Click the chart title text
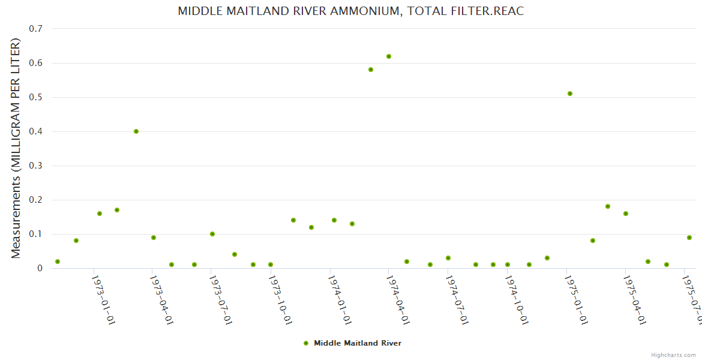(x=351, y=11)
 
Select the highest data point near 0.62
(x=389, y=56)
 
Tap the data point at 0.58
(x=371, y=70)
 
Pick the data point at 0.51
(x=570, y=94)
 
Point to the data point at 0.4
(x=136, y=131)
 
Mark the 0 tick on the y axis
(x=40, y=268)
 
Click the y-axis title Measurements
(x=16, y=149)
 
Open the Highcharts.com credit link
(x=674, y=355)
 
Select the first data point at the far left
(x=58, y=262)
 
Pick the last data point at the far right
(x=689, y=238)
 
